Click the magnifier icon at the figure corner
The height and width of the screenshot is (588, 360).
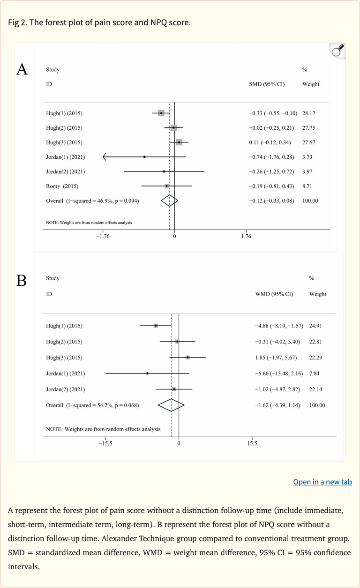[x=337, y=51]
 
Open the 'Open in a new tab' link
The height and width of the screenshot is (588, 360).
[x=322, y=482]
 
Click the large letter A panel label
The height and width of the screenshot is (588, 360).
[x=22, y=69]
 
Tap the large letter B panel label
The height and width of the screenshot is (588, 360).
[x=22, y=280]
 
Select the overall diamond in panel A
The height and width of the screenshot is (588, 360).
[x=170, y=201]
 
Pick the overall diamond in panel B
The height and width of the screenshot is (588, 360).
[x=171, y=405]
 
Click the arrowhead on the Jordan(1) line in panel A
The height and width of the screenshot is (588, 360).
[x=104, y=156]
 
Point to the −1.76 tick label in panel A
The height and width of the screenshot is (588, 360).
[x=103, y=236]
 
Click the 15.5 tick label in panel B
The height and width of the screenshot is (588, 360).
[x=252, y=443]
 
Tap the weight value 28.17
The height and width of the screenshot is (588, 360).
[x=308, y=113]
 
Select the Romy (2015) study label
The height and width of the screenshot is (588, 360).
[x=62, y=186]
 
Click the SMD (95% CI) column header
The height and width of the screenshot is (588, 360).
[x=267, y=84]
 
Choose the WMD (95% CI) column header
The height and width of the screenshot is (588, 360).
[x=274, y=294]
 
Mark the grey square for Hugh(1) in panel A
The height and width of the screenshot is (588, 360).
[x=161, y=113]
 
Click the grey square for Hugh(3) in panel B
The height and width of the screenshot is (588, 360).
[x=187, y=357]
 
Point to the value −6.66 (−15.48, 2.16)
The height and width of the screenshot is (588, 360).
[x=279, y=373]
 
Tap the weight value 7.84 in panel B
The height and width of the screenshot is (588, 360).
[x=314, y=373]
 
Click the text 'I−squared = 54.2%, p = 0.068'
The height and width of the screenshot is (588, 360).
[x=102, y=405]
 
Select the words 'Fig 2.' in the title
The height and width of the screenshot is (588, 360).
[x=17, y=22]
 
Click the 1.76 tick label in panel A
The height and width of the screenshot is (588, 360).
[x=246, y=236]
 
